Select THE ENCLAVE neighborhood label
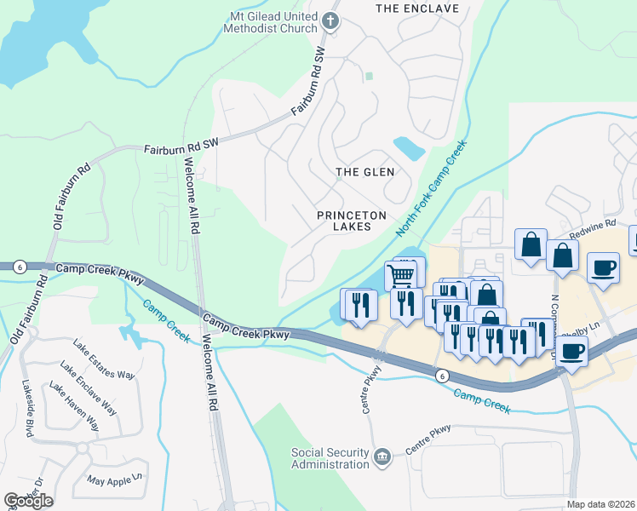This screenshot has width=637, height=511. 417,9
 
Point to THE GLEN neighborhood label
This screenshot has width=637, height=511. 364,172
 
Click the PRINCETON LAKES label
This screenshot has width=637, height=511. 351,221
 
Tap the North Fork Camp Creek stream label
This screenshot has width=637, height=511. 432,189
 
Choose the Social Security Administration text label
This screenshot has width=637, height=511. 330,458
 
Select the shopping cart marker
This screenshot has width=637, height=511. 402,274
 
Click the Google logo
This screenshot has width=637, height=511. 28,500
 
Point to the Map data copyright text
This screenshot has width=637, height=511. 600,504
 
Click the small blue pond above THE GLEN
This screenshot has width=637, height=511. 410,149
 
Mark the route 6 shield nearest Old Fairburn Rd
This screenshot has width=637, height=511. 19,267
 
